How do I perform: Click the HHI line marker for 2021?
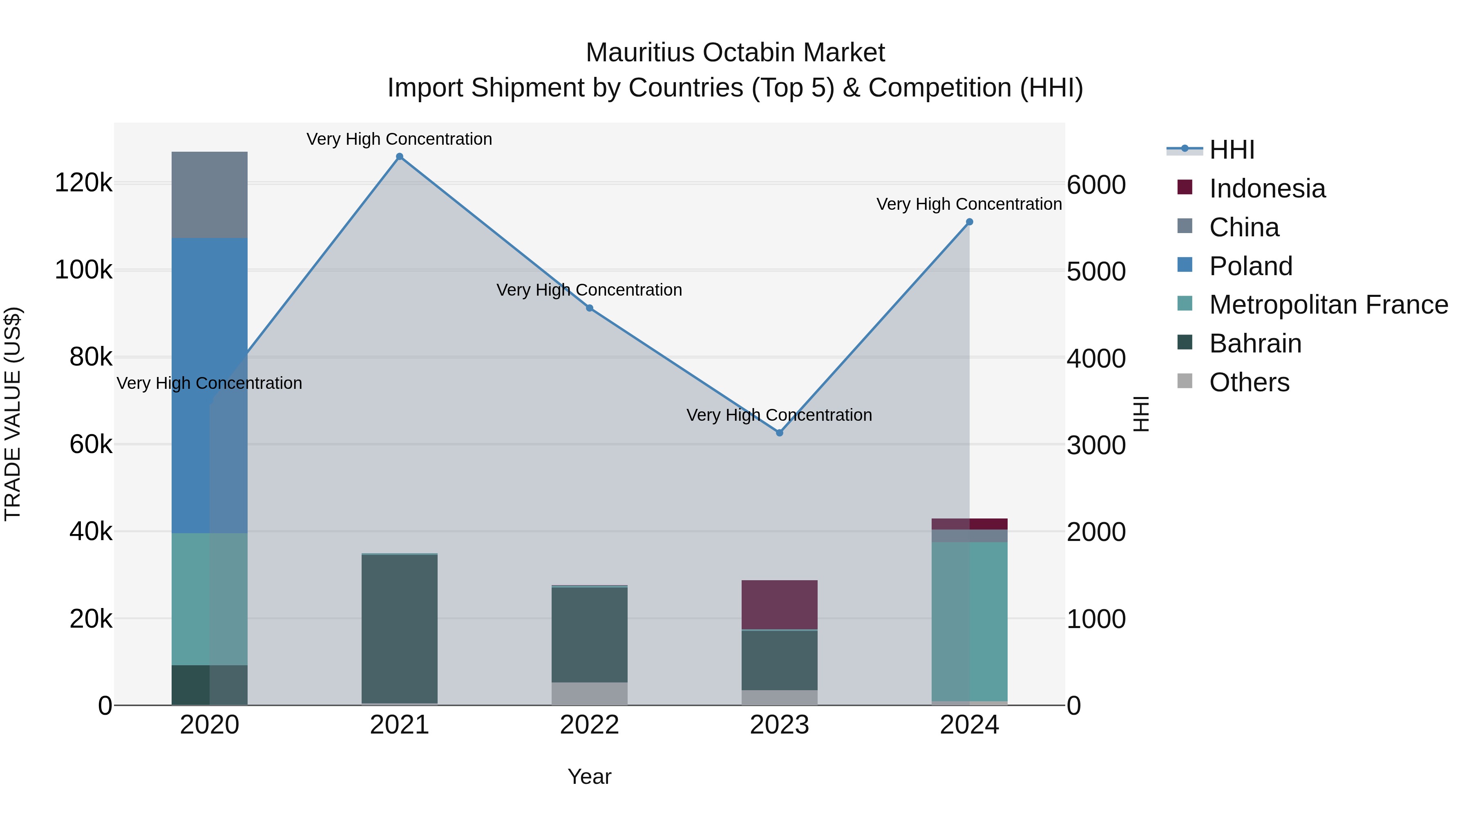[x=399, y=157]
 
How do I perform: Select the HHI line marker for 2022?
[x=589, y=308]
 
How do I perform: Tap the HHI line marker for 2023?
[x=780, y=433]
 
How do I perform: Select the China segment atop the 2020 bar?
[x=210, y=195]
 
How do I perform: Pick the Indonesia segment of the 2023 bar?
[x=780, y=605]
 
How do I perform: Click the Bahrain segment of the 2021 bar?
[x=399, y=628]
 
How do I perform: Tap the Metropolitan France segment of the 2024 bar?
[x=969, y=621]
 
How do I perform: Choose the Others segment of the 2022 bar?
[x=589, y=694]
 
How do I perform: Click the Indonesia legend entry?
[x=1267, y=188]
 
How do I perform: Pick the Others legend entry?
[x=1249, y=382]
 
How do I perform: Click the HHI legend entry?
[x=1232, y=150]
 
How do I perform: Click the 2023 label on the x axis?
[x=780, y=725]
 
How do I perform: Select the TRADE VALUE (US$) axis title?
[x=13, y=414]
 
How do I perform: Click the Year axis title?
[x=589, y=776]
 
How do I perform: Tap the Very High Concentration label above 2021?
[x=399, y=139]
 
